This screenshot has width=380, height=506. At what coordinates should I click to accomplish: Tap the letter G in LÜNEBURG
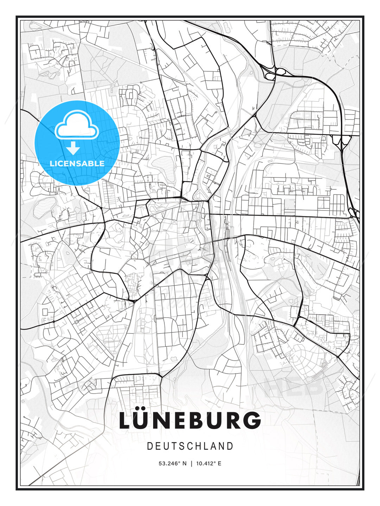coord(251,421)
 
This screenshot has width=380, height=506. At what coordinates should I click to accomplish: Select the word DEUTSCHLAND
coord(190,446)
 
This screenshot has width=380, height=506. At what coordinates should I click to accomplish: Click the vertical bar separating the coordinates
coord(191,463)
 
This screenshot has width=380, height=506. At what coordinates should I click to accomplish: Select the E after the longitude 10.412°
coord(220,463)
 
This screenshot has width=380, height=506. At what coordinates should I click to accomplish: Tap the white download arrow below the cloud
coord(73,149)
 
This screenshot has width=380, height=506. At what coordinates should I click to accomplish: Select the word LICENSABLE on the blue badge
coord(77,163)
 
